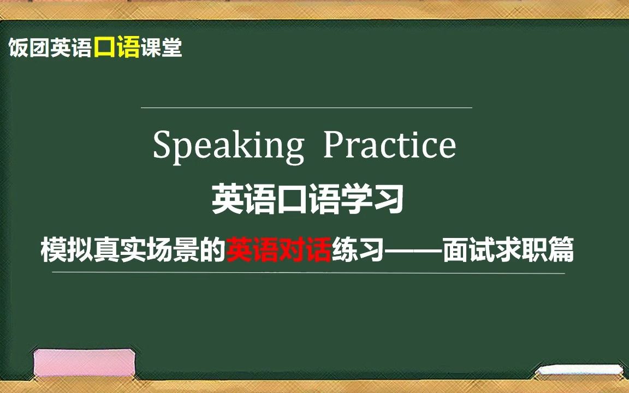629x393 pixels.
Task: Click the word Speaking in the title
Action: (x=228, y=146)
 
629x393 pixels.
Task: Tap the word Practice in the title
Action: (x=389, y=145)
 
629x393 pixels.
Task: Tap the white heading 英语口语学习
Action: (x=308, y=200)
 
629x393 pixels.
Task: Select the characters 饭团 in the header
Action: (x=28, y=49)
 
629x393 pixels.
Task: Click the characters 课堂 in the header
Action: (x=161, y=49)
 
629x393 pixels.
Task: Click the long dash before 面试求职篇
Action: (x=412, y=251)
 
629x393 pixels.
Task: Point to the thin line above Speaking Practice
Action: (x=306, y=108)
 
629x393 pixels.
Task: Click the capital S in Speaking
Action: (x=162, y=145)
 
